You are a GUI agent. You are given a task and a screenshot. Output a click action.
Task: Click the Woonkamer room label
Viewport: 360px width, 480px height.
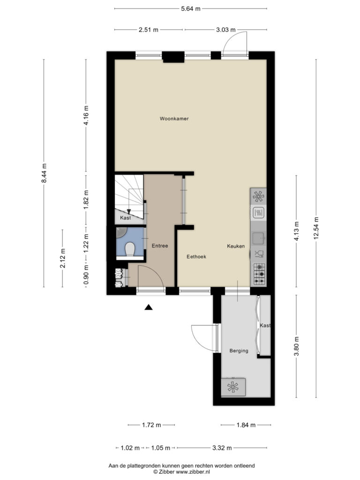pyautogui.click(x=174, y=119)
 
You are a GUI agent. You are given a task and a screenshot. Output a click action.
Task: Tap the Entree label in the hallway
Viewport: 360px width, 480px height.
pyautogui.click(x=160, y=246)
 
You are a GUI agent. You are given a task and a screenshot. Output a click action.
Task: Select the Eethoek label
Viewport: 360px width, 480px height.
pyautogui.click(x=196, y=256)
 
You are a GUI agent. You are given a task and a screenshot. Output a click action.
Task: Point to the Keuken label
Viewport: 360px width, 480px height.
pyautogui.click(x=236, y=246)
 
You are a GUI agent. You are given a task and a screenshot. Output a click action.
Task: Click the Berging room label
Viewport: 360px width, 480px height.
pyautogui.click(x=239, y=351)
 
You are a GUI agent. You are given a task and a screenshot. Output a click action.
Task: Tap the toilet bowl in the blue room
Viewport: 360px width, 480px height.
pyautogui.click(x=130, y=249)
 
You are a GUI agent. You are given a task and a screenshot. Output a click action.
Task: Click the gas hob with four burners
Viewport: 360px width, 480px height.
pyautogui.click(x=259, y=274)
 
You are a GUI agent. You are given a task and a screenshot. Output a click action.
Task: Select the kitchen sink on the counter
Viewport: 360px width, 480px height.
pyautogui.click(x=259, y=238)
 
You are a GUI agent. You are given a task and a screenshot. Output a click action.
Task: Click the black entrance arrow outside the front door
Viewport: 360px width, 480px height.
pyautogui.click(x=149, y=307)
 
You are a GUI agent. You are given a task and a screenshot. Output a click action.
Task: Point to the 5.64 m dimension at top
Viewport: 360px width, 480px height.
pyautogui.click(x=191, y=8)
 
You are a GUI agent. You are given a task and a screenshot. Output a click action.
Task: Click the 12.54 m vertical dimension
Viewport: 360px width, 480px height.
pyautogui.click(x=316, y=228)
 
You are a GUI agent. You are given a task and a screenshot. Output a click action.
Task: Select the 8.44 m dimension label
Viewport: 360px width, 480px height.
pyautogui.click(x=44, y=173)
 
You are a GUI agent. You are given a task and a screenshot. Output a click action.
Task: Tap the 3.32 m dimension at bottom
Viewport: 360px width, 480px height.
pyautogui.click(x=222, y=448)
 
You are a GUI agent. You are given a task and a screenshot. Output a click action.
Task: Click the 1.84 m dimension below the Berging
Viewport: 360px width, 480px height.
pyautogui.click(x=246, y=425)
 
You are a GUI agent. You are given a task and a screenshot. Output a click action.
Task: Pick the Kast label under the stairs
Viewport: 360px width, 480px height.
pyautogui.click(x=126, y=217)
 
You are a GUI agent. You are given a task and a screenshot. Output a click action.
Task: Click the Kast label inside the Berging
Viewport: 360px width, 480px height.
pyautogui.click(x=265, y=325)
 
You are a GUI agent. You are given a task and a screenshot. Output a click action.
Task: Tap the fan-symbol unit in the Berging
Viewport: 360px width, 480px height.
pyautogui.click(x=233, y=387)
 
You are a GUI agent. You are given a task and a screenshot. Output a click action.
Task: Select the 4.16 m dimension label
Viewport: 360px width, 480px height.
pyautogui.click(x=86, y=115)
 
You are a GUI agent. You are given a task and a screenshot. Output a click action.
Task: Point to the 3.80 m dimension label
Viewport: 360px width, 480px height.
pyautogui.click(x=296, y=346)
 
